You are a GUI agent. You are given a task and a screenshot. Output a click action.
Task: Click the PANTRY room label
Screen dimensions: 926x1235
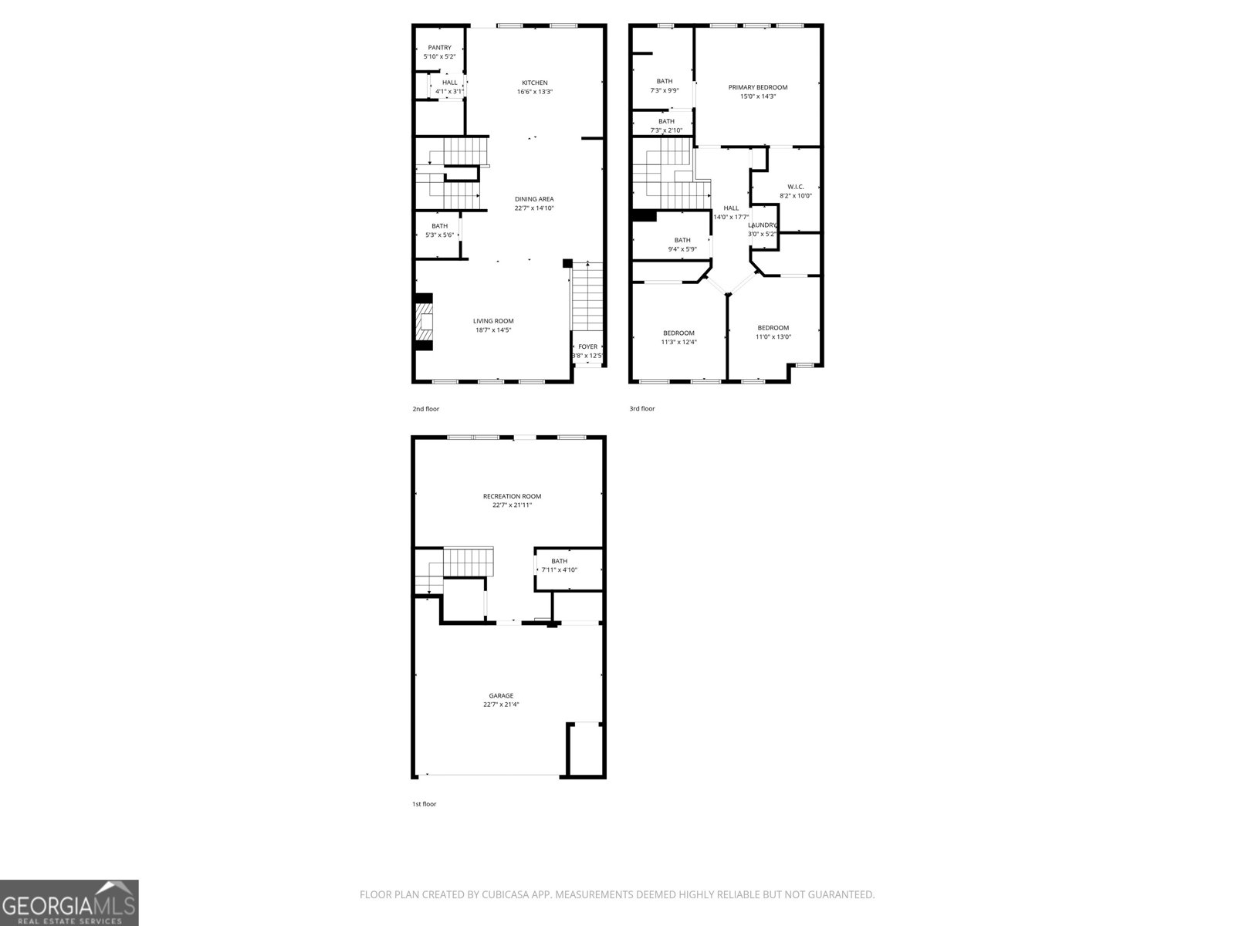[439, 48]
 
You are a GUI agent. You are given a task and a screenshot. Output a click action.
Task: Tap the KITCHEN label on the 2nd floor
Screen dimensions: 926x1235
[534, 83]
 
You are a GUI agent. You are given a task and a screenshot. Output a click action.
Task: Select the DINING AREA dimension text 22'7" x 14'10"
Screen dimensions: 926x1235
[534, 208]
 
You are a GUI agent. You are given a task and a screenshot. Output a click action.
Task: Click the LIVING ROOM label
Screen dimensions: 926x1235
[493, 321]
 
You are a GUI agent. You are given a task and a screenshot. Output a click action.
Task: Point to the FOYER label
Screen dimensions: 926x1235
[587, 346]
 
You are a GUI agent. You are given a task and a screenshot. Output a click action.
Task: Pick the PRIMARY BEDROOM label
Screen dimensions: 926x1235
[757, 87]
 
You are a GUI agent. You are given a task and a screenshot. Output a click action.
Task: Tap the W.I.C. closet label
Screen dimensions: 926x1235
[795, 187]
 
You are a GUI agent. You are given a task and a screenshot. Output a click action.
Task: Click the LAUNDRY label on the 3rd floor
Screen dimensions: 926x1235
[763, 225]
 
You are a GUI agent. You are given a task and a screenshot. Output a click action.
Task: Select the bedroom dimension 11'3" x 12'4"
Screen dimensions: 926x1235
[678, 343]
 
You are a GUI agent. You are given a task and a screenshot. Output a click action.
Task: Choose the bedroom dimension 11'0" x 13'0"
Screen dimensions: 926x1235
[773, 336]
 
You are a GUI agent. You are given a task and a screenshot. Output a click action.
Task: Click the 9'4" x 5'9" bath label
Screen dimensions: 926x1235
[682, 249]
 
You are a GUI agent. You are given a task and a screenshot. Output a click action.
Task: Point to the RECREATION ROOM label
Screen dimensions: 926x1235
[512, 496]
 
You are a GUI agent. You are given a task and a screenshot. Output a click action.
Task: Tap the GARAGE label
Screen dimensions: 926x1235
[501, 695]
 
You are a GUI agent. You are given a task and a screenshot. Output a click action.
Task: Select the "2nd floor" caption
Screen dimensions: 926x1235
[425, 409]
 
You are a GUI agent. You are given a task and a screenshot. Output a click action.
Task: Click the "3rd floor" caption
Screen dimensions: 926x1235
[642, 409]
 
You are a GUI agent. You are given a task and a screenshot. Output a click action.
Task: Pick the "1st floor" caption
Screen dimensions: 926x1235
[424, 804]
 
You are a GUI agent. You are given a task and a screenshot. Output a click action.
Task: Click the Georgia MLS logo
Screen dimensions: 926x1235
[69, 903]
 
